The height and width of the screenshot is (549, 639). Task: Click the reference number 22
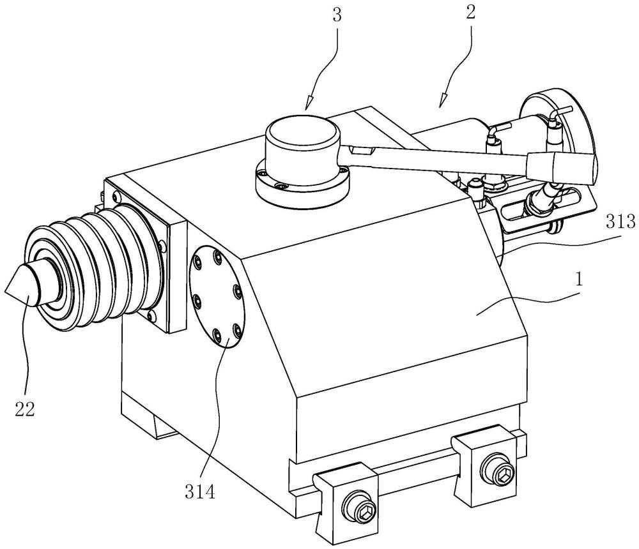(25, 409)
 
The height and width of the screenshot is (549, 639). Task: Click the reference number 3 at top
(337, 15)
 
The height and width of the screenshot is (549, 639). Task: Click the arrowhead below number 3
(309, 103)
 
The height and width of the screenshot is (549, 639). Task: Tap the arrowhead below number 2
(443, 101)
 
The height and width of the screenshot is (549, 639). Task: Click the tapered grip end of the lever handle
(560, 167)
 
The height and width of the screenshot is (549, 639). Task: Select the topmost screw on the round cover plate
(218, 257)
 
